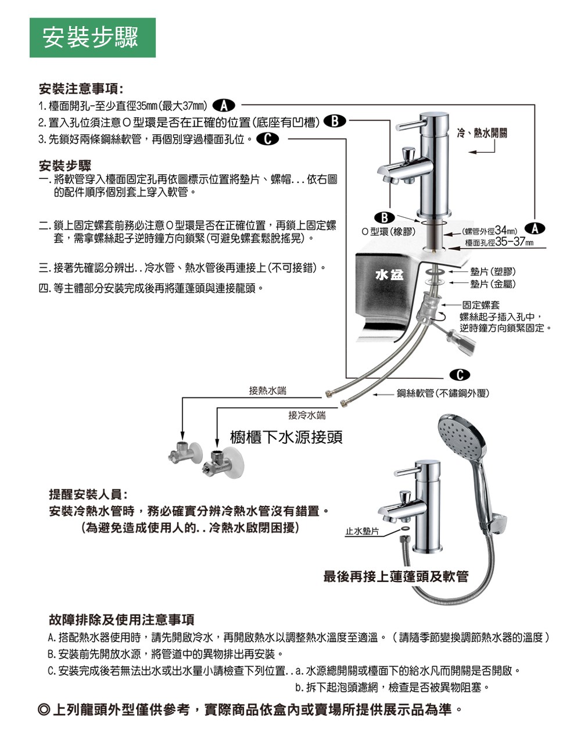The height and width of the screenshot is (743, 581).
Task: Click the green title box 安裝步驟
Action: (92, 38)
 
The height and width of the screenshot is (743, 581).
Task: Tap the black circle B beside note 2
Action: (335, 122)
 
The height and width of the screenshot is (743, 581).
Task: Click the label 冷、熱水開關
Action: (482, 133)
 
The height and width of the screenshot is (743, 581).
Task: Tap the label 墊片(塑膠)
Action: (493, 272)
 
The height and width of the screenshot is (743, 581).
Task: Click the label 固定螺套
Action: (480, 305)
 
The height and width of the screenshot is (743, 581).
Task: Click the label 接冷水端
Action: (307, 415)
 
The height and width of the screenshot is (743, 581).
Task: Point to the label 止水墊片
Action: (361, 531)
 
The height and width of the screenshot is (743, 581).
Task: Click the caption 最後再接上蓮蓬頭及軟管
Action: (396, 576)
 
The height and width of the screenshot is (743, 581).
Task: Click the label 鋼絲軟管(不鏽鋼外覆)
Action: (443, 393)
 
